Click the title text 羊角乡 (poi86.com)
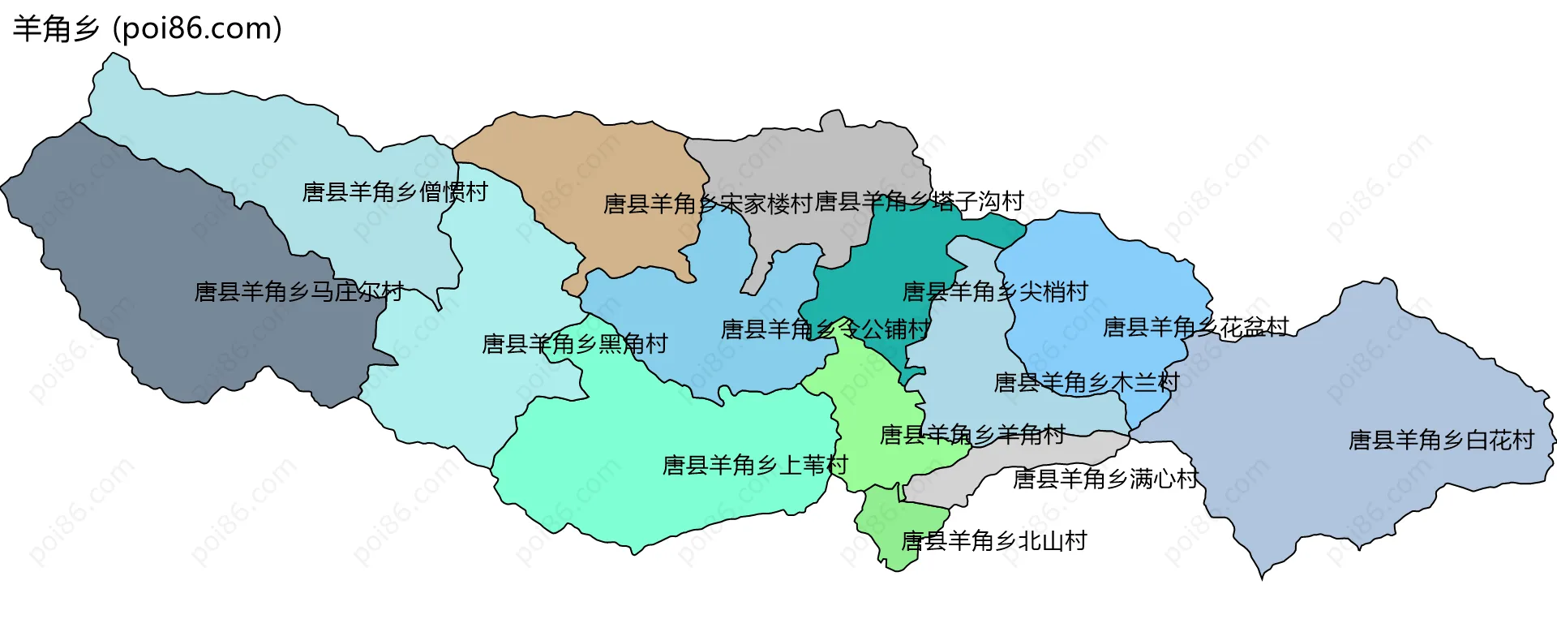[x=148, y=29]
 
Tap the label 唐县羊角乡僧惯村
[x=395, y=192]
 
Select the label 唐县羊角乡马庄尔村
[x=298, y=291]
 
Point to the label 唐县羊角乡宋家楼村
[x=707, y=204]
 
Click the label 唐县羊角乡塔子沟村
[x=919, y=201]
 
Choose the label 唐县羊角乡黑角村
[x=574, y=344]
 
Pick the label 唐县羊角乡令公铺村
[x=825, y=329]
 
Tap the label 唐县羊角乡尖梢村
[x=995, y=291]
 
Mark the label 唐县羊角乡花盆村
[x=1195, y=327]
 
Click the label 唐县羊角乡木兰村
[x=1087, y=382]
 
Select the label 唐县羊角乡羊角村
[x=972, y=435]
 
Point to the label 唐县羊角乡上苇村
[x=755, y=465]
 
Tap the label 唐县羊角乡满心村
[x=1105, y=479]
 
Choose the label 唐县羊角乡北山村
[x=994, y=540]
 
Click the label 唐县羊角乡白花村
[x=1441, y=440]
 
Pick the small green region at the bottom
[x=892, y=527]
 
